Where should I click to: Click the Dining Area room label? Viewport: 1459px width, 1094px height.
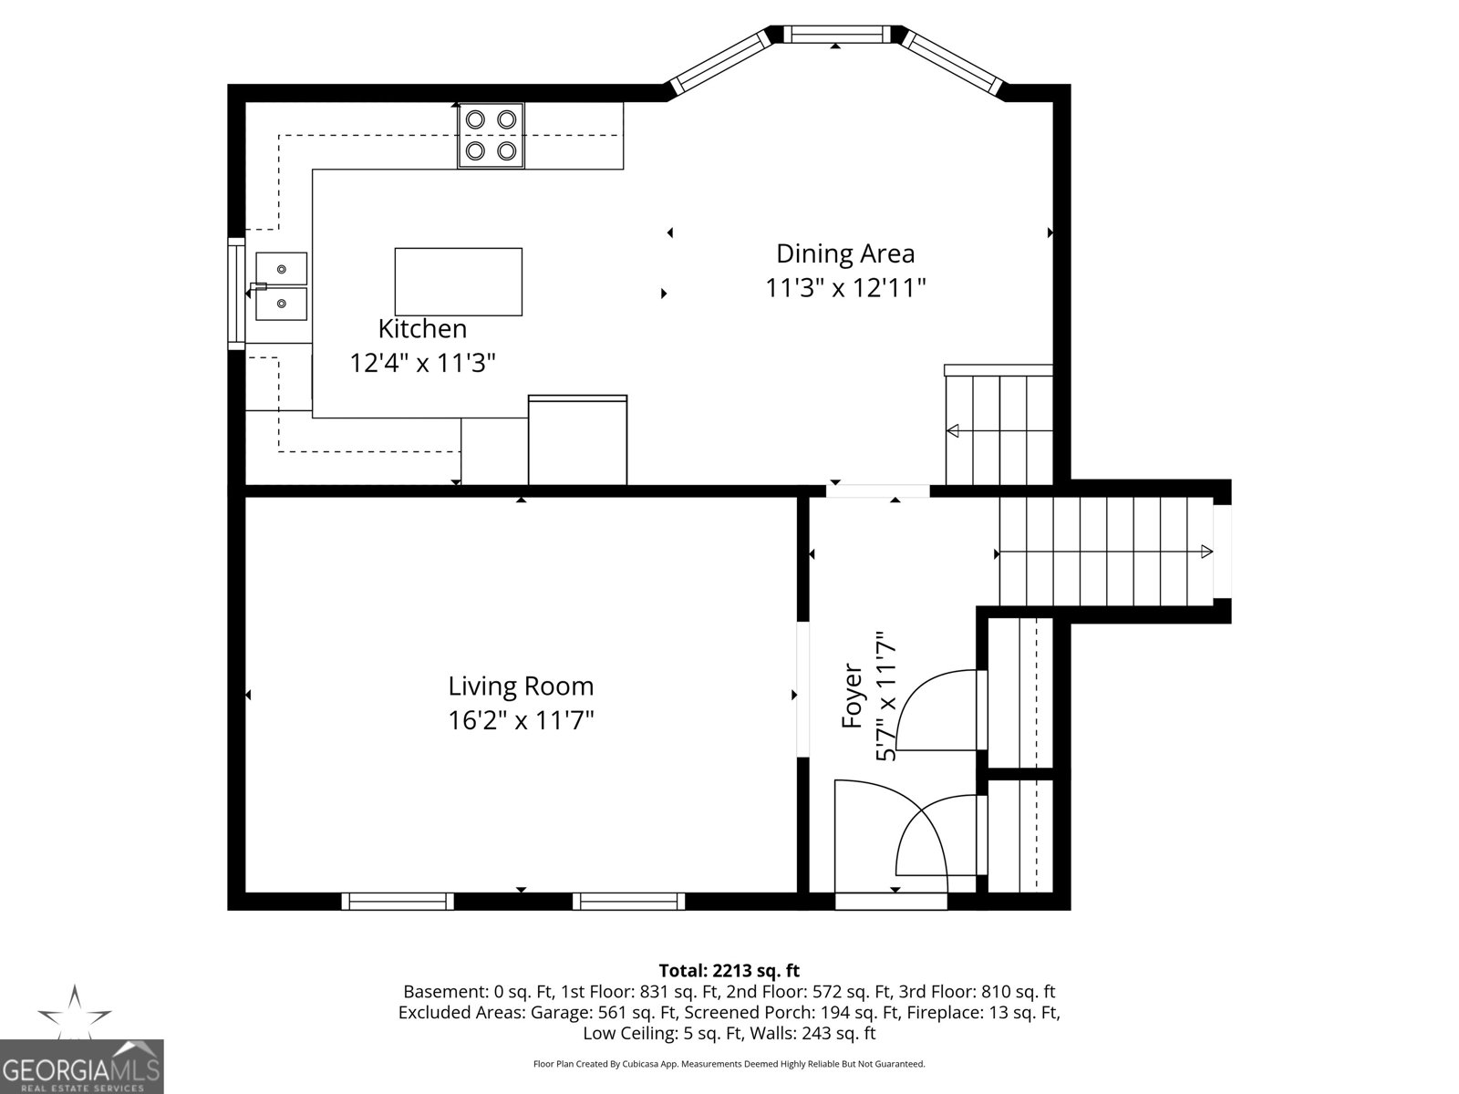pyautogui.click(x=844, y=253)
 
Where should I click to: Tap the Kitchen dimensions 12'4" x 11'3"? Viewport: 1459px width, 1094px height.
pyautogui.click(x=422, y=364)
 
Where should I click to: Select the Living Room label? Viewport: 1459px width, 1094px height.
pyautogui.click(x=521, y=686)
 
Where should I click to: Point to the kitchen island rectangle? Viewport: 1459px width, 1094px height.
pyautogui.click(x=459, y=282)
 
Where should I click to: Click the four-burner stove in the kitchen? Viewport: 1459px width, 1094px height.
pyautogui.click(x=491, y=135)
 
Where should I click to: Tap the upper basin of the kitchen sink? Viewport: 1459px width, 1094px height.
pyautogui.click(x=281, y=269)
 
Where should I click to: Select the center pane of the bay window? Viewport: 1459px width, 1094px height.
pyautogui.click(x=837, y=35)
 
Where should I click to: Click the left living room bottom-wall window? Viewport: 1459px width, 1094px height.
pyautogui.click(x=398, y=901)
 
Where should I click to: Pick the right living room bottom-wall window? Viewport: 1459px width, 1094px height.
pyautogui.click(x=629, y=901)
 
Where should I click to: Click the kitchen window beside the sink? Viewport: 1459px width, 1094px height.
pyautogui.click(x=236, y=294)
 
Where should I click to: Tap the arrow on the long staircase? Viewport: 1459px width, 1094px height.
pyautogui.click(x=1205, y=552)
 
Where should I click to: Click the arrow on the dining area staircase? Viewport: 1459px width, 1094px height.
pyautogui.click(x=954, y=430)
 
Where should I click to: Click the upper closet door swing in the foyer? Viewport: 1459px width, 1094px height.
pyautogui.click(x=939, y=711)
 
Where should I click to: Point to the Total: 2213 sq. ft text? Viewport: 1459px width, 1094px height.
pyautogui.click(x=729, y=971)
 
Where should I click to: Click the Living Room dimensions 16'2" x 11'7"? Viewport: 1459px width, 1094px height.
pyautogui.click(x=521, y=721)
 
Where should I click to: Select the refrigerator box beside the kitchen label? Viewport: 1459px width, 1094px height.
pyautogui.click(x=578, y=440)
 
